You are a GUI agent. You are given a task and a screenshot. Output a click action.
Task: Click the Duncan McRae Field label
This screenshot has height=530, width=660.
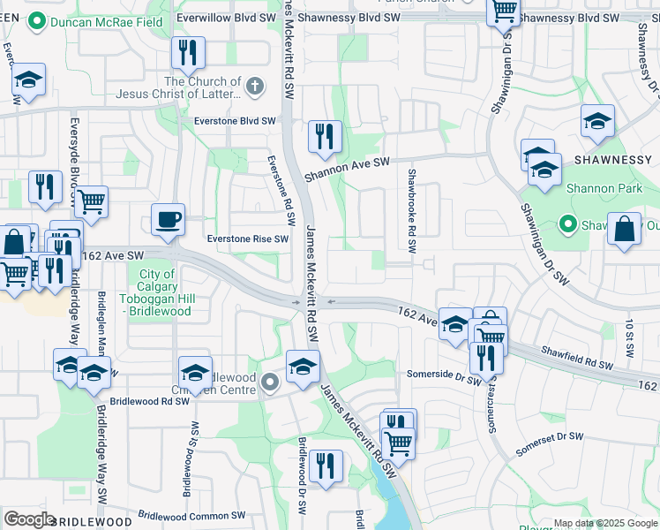(x=98, y=20)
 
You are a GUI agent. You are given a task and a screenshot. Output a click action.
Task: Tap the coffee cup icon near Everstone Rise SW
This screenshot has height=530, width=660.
(x=168, y=220)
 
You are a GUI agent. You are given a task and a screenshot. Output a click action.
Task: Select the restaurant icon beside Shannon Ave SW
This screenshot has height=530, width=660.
(x=325, y=136)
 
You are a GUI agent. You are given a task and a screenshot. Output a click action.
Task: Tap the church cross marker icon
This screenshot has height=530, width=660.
(x=254, y=86)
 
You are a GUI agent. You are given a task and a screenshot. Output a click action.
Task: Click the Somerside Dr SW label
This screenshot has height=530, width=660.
(x=443, y=375)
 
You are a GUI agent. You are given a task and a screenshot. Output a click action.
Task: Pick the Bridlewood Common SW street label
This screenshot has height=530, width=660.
(x=191, y=515)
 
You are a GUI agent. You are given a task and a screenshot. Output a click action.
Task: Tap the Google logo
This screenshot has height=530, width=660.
(x=29, y=519)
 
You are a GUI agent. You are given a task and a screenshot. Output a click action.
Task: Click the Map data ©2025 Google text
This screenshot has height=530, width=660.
(x=605, y=524)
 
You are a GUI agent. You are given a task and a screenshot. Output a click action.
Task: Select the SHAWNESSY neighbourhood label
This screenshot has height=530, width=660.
(x=611, y=159)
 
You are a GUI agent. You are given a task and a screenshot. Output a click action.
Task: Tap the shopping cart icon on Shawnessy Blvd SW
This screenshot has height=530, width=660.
(x=503, y=11)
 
